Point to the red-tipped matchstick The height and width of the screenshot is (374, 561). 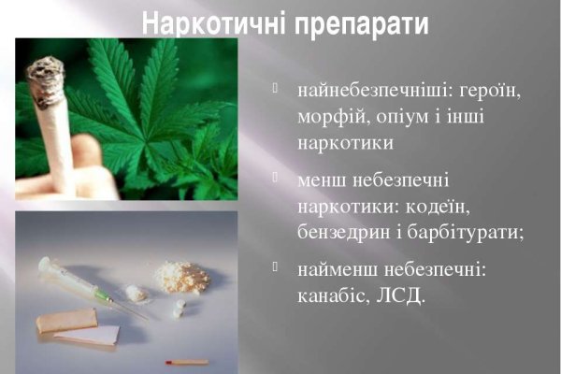[186, 360]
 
